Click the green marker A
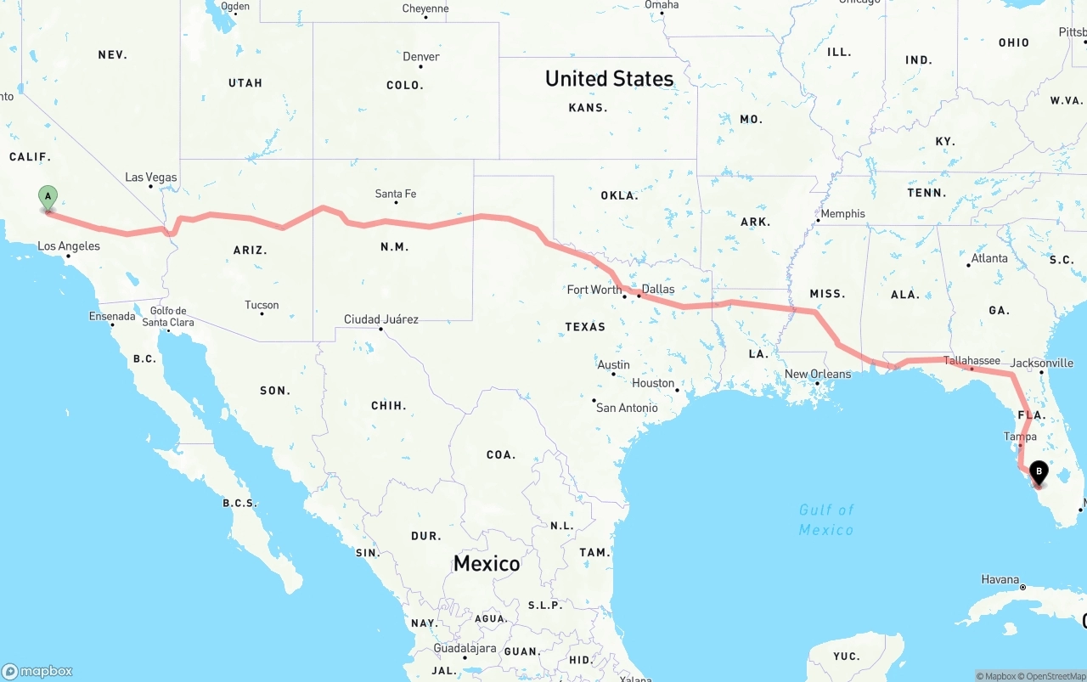[48, 198]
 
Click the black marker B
[1039, 472]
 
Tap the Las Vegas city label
[151, 178]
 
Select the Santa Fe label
[396, 194]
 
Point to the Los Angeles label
[69, 246]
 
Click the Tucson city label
[262, 305]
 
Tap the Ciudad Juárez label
[380, 319]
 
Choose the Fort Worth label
[594, 290]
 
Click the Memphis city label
[842, 214]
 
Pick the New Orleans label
[818, 374]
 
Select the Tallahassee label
[972, 361]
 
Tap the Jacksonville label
[1043, 363]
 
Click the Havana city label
[1000, 579]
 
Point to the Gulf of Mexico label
[826, 519]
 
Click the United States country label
[609, 79]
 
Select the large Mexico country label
[487, 563]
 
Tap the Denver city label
[421, 57]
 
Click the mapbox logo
[37, 671]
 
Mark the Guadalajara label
[465, 648]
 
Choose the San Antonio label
[627, 408]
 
